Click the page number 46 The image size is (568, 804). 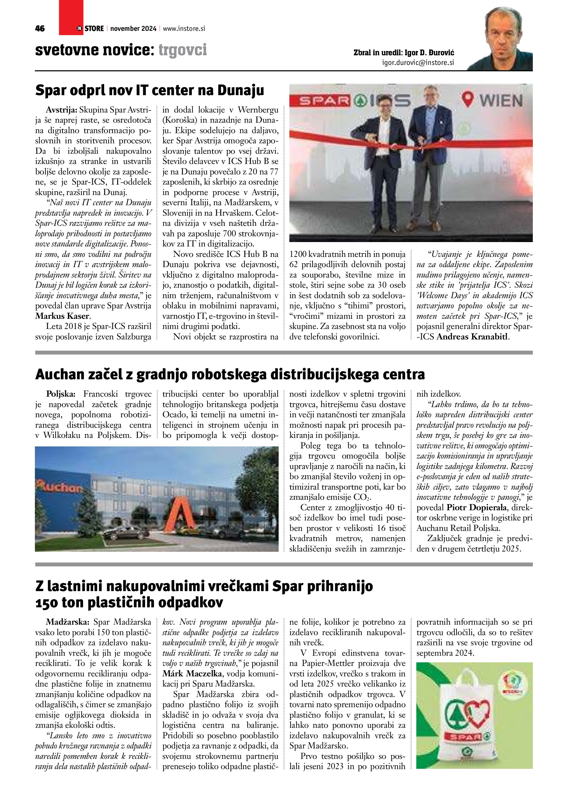tap(40, 29)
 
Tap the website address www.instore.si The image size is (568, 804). tap(184, 29)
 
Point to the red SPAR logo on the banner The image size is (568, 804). tap(323, 101)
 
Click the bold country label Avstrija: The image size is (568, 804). tap(62, 110)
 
